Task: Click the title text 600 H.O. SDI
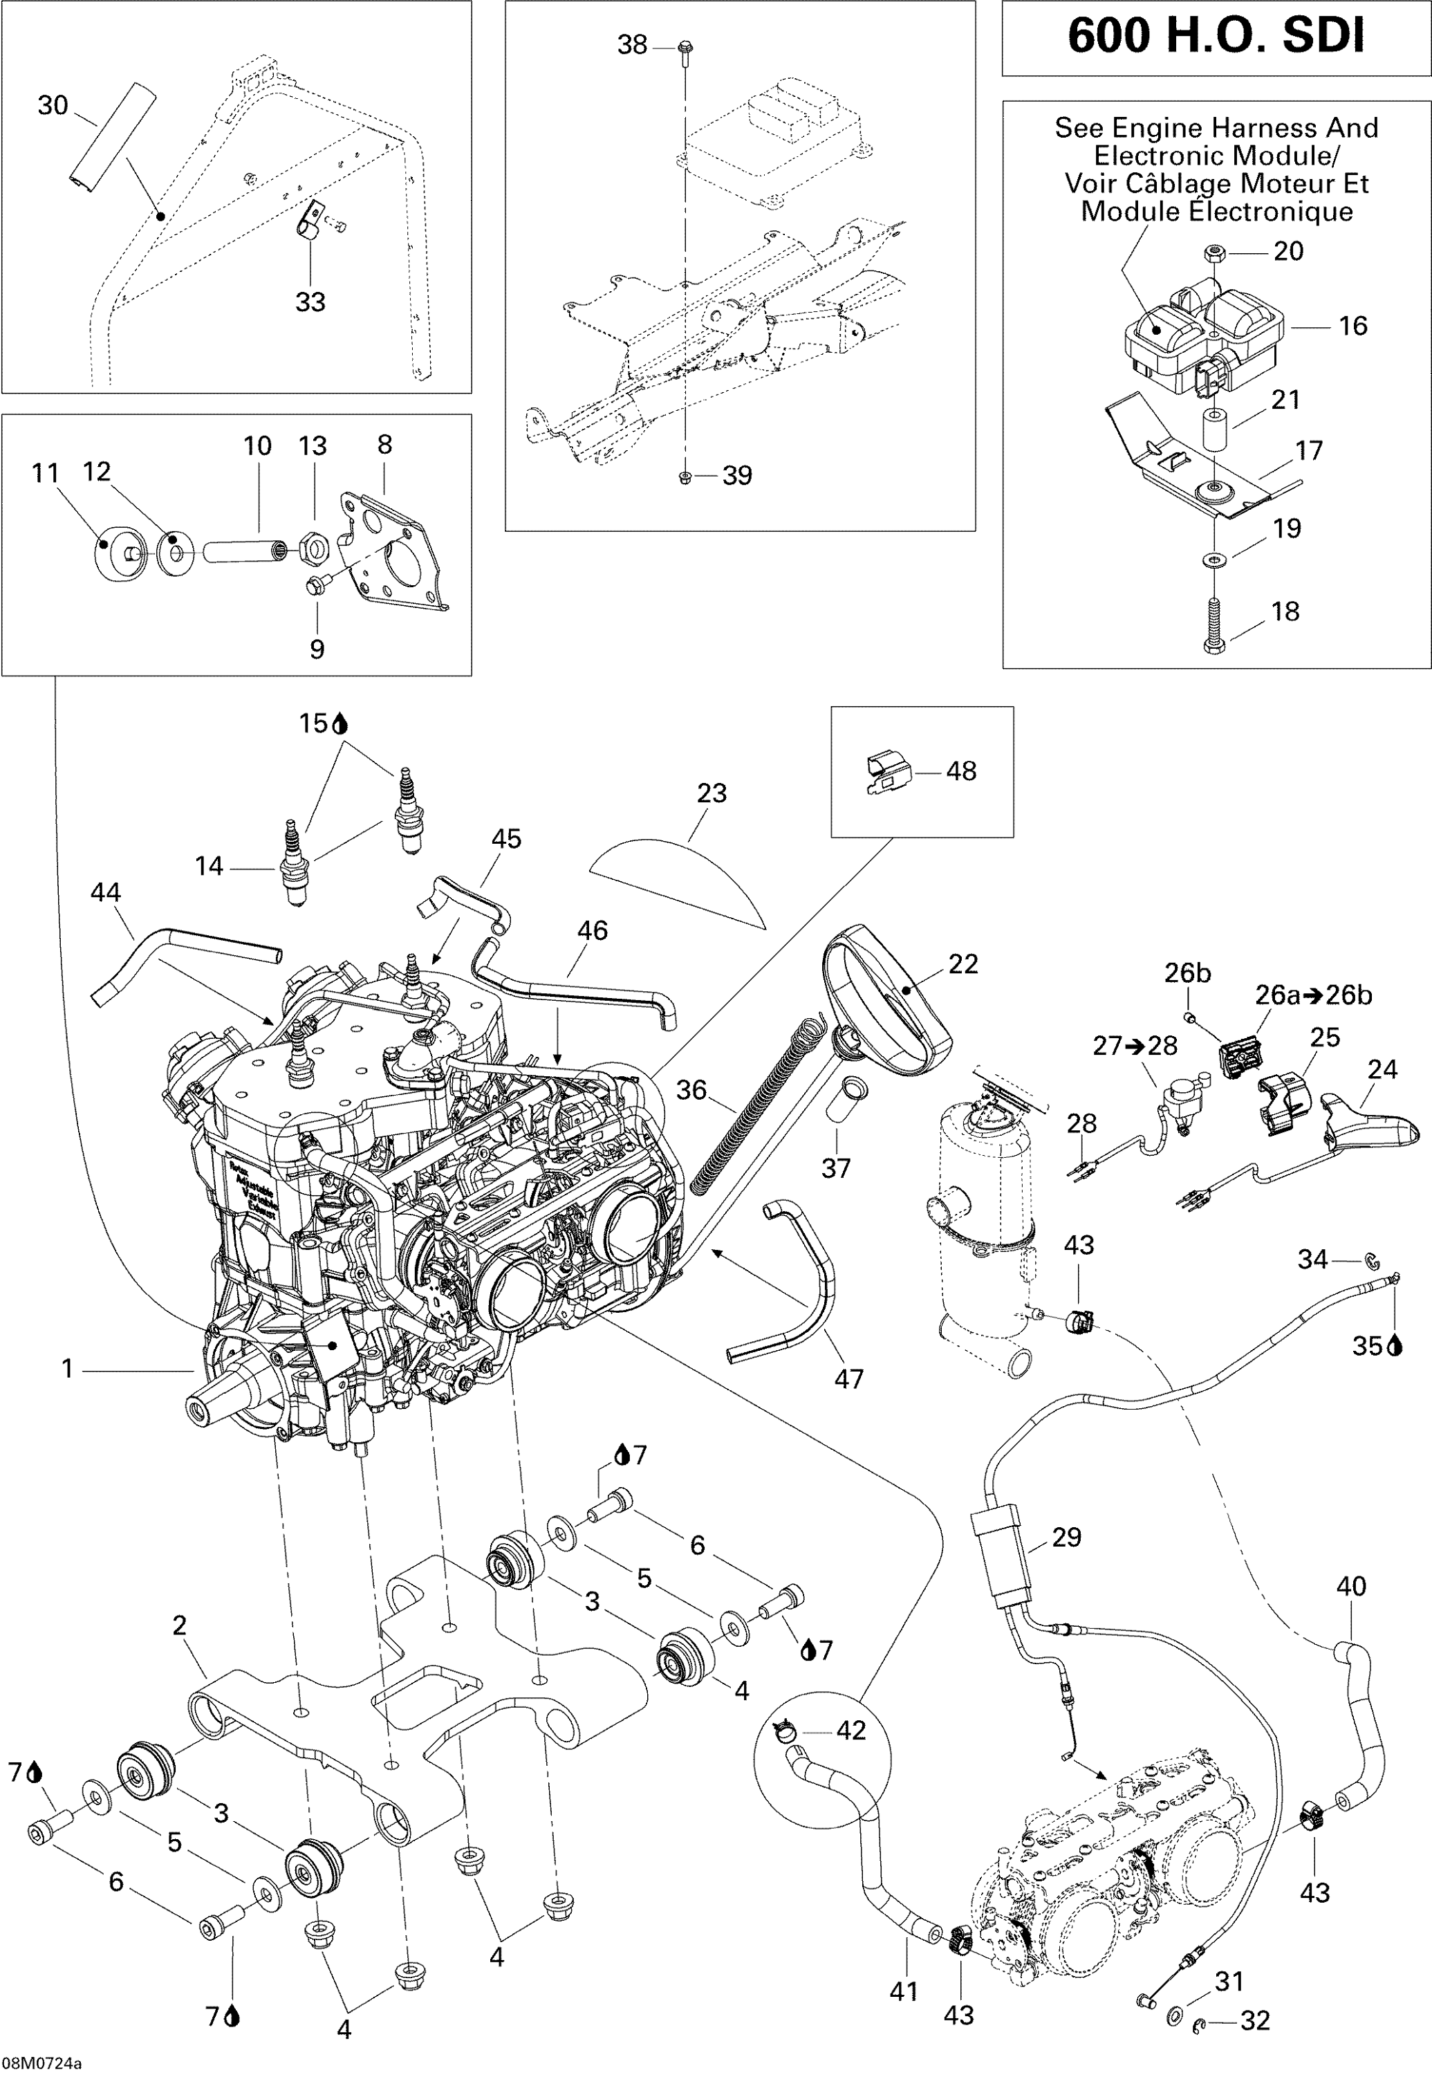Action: tap(1216, 36)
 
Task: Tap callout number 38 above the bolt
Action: tap(632, 45)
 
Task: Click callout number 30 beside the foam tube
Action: tap(52, 106)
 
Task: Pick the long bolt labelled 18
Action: tap(1213, 625)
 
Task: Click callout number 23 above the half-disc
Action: tap(712, 793)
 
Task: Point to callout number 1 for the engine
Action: tap(66, 1369)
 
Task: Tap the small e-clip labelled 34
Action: tap(1372, 1261)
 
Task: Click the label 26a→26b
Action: tap(1312, 995)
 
